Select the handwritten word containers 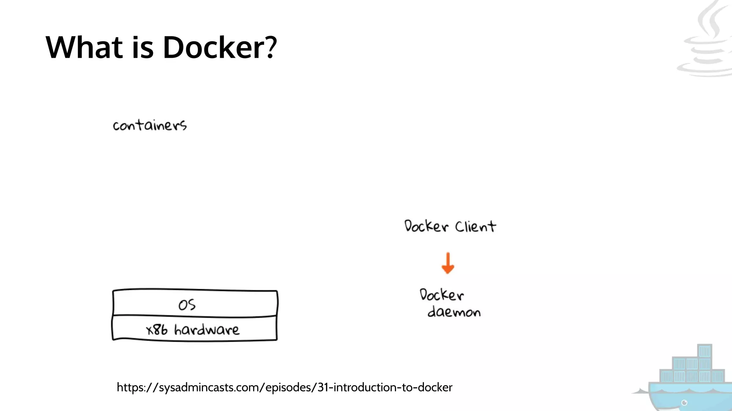(x=150, y=125)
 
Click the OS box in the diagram (x=195, y=304)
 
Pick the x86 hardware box (x=195, y=329)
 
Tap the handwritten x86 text (x=157, y=330)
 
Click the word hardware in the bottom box (x=207, y=330)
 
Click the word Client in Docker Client (x=475, y=227)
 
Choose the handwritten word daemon (x=454, y=312)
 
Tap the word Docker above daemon (x=441, y=295)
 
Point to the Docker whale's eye (x=684, y=403)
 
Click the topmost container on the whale (x=704, y=351)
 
